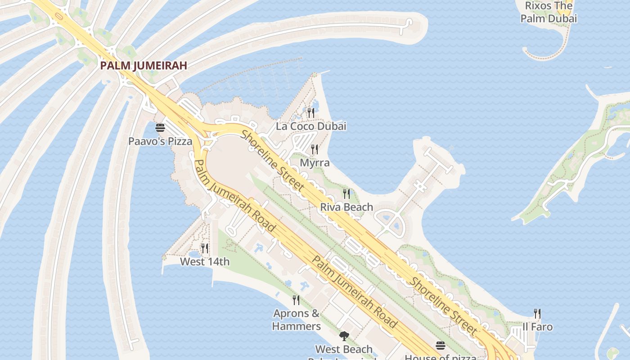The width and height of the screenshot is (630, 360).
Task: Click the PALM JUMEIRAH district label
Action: [x=143, y=66]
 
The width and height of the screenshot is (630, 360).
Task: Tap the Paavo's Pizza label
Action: [x=160, y=141]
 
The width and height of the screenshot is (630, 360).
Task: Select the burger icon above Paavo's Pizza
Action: [x=160, y=128]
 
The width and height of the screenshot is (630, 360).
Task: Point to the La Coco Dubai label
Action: [x=311, y=126]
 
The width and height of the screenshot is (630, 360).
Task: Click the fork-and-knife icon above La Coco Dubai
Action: [x=311, y=112]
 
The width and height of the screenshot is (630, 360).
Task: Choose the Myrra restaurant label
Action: [x=315, y=163]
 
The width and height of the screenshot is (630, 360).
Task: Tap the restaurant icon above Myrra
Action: [x=315, y=149]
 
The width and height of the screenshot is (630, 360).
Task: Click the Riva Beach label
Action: [x=346, y=207]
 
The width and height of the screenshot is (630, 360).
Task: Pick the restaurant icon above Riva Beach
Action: [x=346, y=193]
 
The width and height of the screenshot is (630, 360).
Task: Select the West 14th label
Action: [x=205, y=261]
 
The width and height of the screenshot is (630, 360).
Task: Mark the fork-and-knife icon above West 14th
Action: [x=205, y=248]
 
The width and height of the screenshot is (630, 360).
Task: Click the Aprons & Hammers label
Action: [x=296, y=319]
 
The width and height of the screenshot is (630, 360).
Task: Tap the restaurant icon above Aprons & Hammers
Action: [x=296, y=300]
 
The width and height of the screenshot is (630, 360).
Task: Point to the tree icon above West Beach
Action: [x=344, y=336]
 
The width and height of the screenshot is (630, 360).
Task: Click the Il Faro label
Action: [x=537, y=327]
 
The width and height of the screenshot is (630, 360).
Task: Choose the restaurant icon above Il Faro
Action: [x=537, y=313]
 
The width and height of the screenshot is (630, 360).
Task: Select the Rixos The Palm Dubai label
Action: [x=549, y=12]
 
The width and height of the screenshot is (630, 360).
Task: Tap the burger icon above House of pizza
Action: [x=440, y=345]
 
